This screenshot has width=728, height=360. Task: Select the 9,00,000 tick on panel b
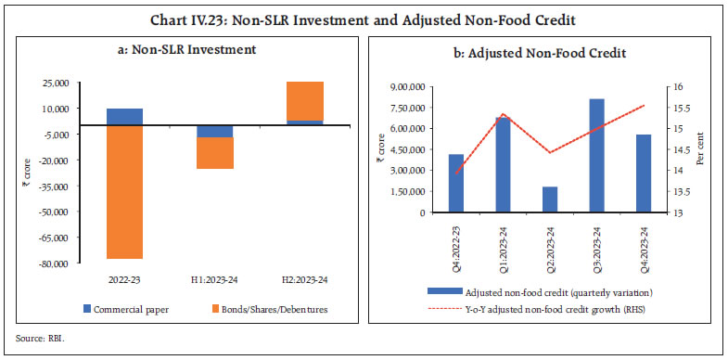pos(409,86)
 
